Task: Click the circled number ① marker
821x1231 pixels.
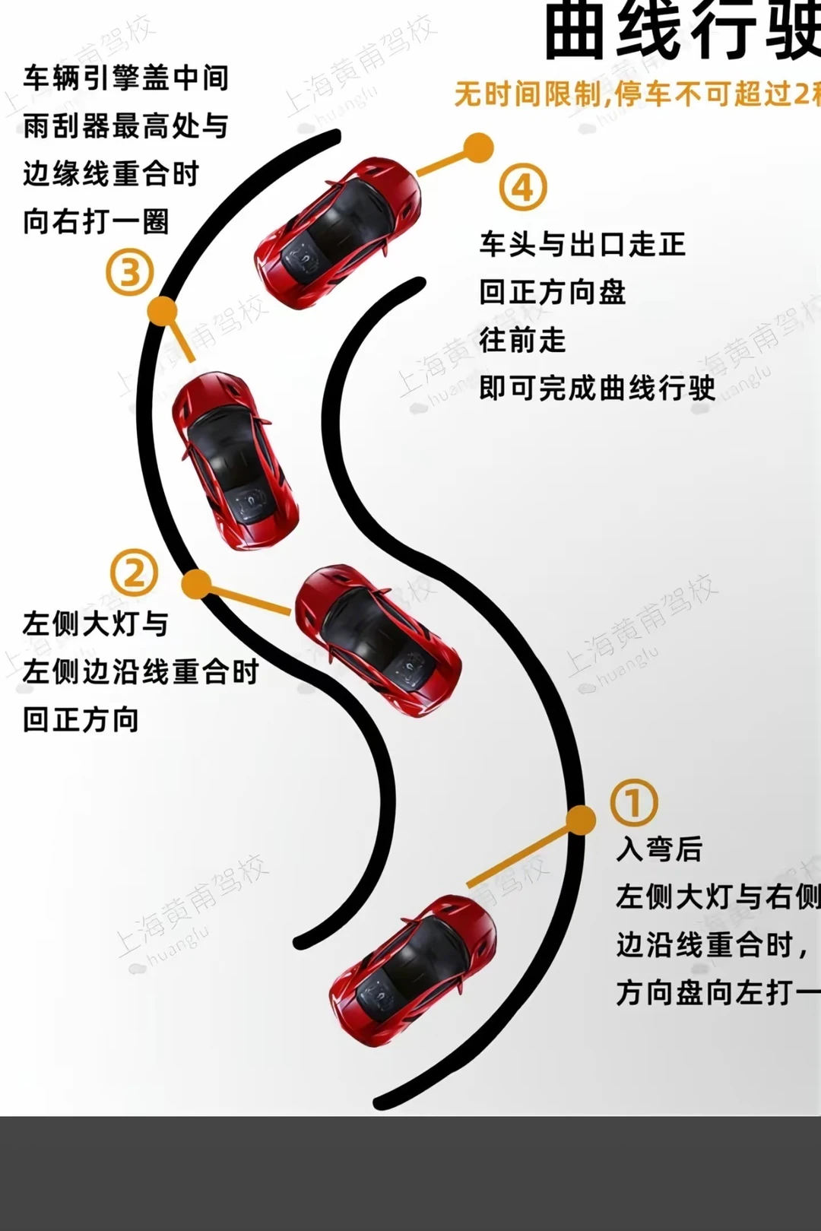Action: point(634,802)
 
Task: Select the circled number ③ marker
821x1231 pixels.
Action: point(129,273)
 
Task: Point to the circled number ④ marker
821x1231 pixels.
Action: point(523,187)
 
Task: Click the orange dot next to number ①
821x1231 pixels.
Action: point(581,820)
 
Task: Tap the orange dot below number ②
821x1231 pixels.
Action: point(196,584)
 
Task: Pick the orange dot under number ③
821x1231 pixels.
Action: point(161,311)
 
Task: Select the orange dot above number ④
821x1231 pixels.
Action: point(478,148)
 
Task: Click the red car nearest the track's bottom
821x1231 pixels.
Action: point(413,969)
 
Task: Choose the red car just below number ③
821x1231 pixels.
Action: point(233,459)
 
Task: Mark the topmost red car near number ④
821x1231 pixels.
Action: point(338,231)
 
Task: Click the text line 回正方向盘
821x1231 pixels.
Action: point(553,292)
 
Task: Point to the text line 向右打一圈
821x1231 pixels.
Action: point(96,222)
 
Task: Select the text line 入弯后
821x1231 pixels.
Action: point(659,849)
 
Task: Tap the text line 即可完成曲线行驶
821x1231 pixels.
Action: point(597,388)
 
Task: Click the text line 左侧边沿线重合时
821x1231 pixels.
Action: point(141,671)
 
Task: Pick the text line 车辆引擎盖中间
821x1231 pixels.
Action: point(125,78)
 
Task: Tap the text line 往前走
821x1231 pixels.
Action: point(522,340)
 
